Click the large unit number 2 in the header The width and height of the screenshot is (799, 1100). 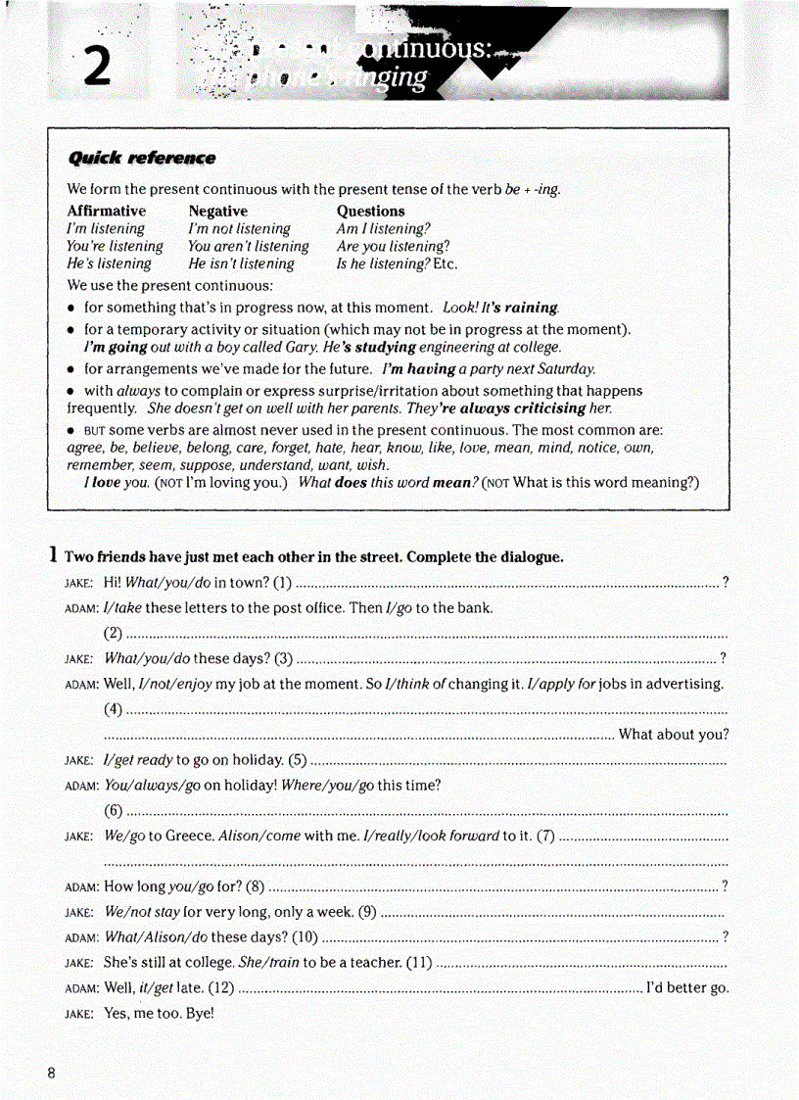[95, 67]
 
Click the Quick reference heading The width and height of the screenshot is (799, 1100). [141, 158]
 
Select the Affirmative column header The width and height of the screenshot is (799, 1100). [106, 211]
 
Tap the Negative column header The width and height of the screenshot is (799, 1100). [217, 211]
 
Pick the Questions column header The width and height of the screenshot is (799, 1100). [370, 211]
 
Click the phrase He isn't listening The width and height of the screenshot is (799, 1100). [241, 263]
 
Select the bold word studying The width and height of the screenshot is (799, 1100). [379, 347]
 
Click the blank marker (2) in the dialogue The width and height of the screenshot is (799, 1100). [114, 632]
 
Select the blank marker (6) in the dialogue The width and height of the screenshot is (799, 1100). [114, 810]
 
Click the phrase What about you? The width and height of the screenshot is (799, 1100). [674, 735]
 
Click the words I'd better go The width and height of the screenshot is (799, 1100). [687, 987]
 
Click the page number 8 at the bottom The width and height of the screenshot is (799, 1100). [52, 1073]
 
